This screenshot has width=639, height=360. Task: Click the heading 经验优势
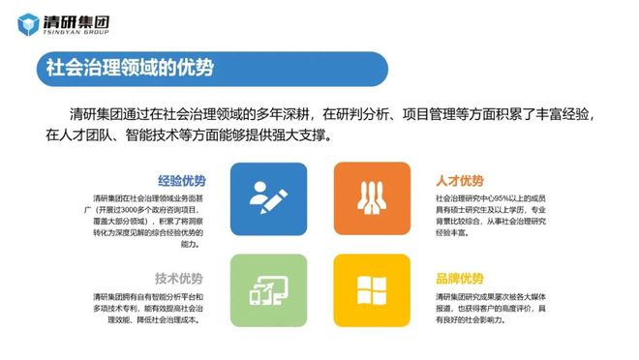point(181,180)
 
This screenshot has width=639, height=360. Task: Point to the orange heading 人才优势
point(461,180)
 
